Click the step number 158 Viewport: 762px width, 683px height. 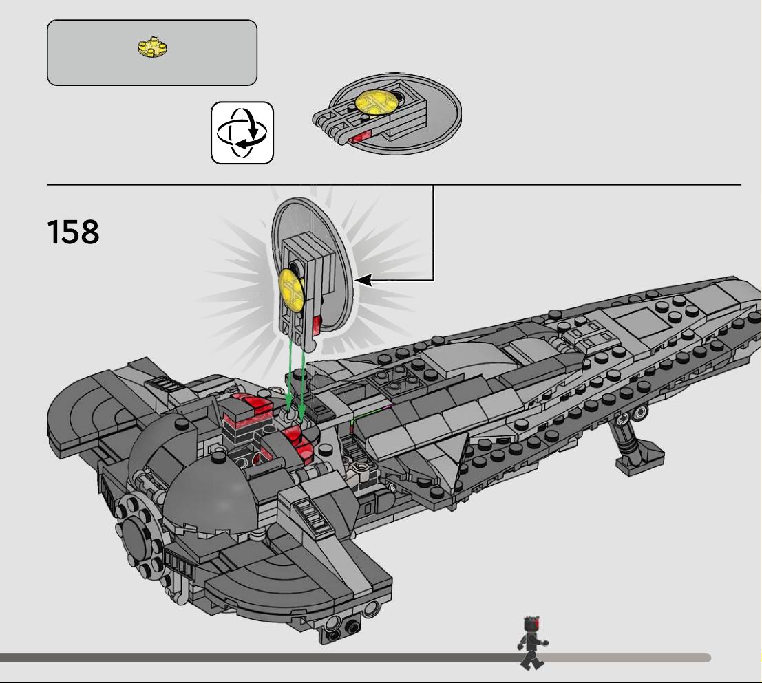[73, 232]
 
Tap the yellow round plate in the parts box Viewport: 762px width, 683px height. [152, 47]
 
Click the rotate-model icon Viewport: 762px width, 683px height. [242, 133]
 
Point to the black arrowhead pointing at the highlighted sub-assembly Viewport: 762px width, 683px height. [364, 280]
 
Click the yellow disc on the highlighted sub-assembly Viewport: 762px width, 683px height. [292, 290]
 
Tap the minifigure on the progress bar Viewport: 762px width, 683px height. [532, 642]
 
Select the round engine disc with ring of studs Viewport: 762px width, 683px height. [139, 533]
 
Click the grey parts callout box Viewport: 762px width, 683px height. [152, 52]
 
